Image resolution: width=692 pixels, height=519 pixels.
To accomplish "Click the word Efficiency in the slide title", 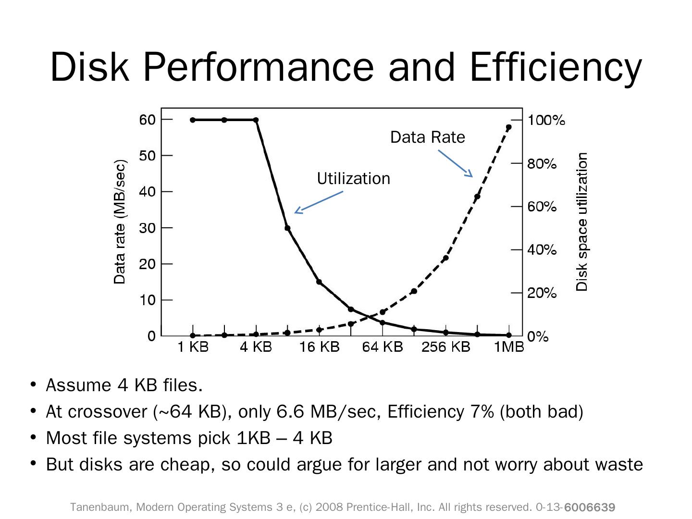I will pyautogui.click(x=556, y=67).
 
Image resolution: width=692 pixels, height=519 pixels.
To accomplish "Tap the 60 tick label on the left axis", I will pyautogui.click(x=148, y=119).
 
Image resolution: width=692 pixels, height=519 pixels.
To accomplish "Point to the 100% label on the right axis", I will pyautogui.click(x=546, y=120).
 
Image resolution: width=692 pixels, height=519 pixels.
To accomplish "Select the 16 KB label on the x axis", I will pyautogui.click(x=319, y=346).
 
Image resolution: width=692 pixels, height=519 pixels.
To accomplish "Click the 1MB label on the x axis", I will pyautogui.click(x=509, y=346).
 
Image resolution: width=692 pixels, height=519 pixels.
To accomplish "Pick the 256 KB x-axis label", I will pyautogui.click(x=445, y=346).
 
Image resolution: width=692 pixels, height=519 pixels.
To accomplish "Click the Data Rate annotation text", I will pyautogui.click(x=427, y=137).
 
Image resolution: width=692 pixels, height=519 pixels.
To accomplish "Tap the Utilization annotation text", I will pyautogui.click(x=353, y=179).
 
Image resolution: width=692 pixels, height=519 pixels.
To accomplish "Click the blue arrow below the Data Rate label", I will pyautogui.click(x=455, y=163).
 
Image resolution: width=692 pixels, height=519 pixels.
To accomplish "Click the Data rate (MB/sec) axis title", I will pyautogui.click(x=120, y=222).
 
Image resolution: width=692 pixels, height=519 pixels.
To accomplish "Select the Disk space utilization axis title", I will pyautogui.click(x=582, y=222).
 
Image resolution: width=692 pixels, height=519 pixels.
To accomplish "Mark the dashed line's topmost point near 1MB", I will pyautogui.click(x=509, y=127).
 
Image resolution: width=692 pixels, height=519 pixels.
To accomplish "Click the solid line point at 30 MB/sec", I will pyautogui.click(x=287, y=228).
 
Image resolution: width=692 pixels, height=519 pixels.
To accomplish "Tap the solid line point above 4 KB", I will pyautogui.click(x=256, y=120).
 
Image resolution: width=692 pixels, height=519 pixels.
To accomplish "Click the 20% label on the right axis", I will pyautogui.click(x=542, y=293).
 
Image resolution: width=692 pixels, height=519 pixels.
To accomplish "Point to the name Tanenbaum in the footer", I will pyautogui.click(x=100, y=507).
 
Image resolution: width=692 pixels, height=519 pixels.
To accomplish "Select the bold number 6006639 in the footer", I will pyautogui.click(x=590, y=507).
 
